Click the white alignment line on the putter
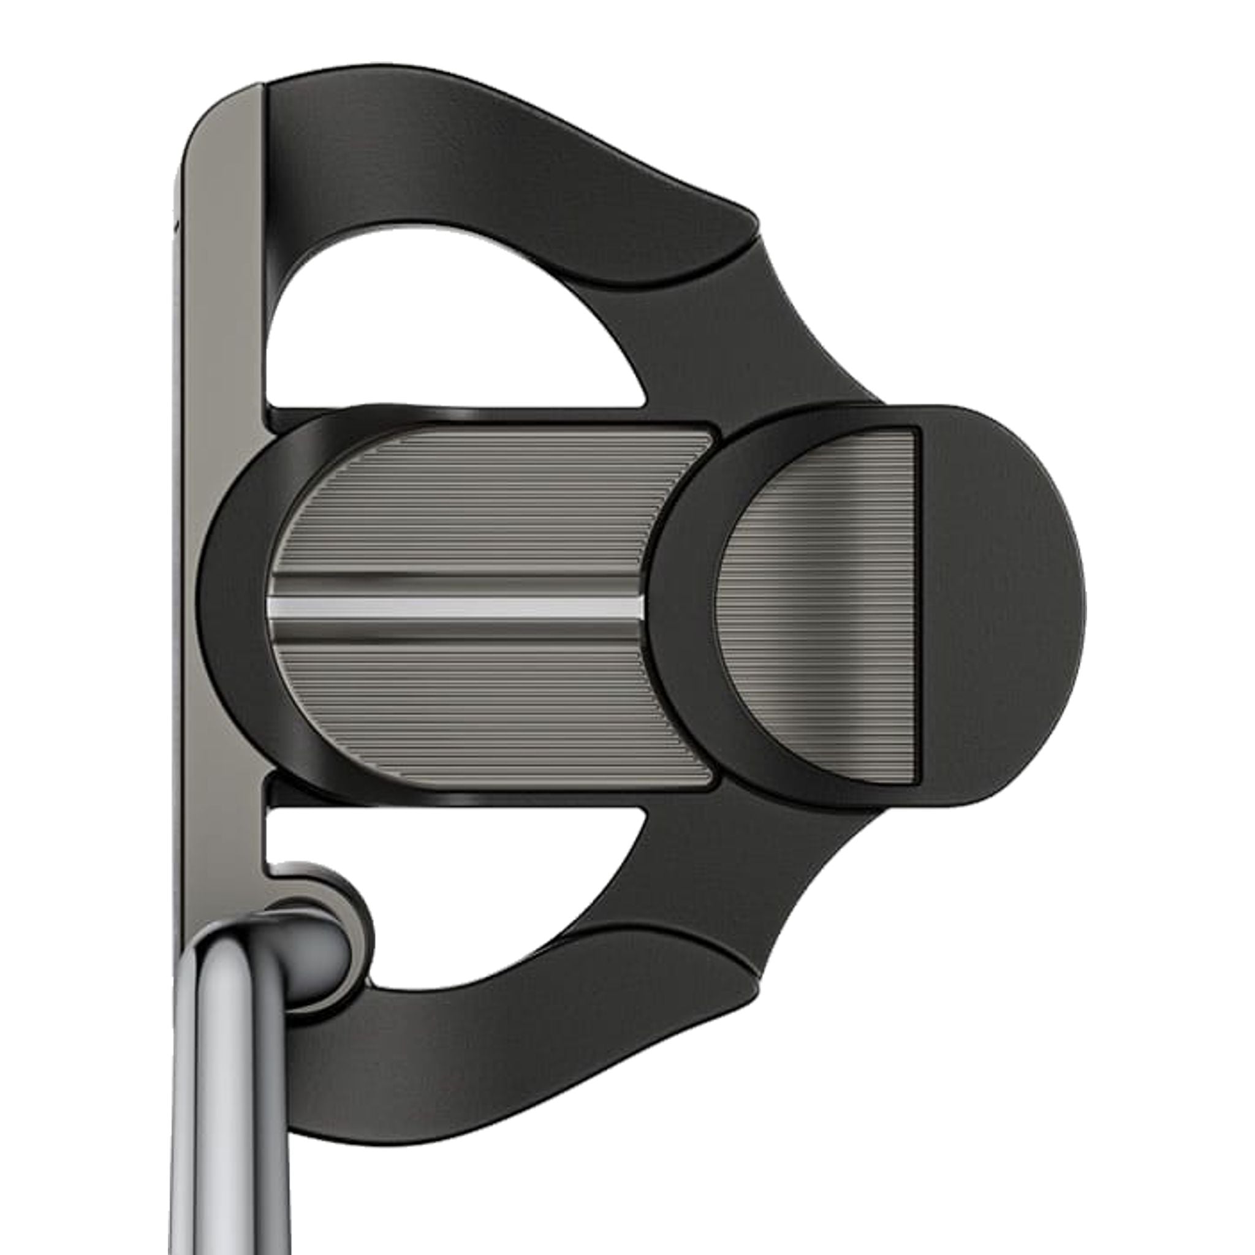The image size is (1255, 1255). [x=455, y=607]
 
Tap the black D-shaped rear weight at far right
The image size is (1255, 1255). [x=1000, y=604]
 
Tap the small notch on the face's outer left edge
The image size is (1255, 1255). [x=175, y=224]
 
